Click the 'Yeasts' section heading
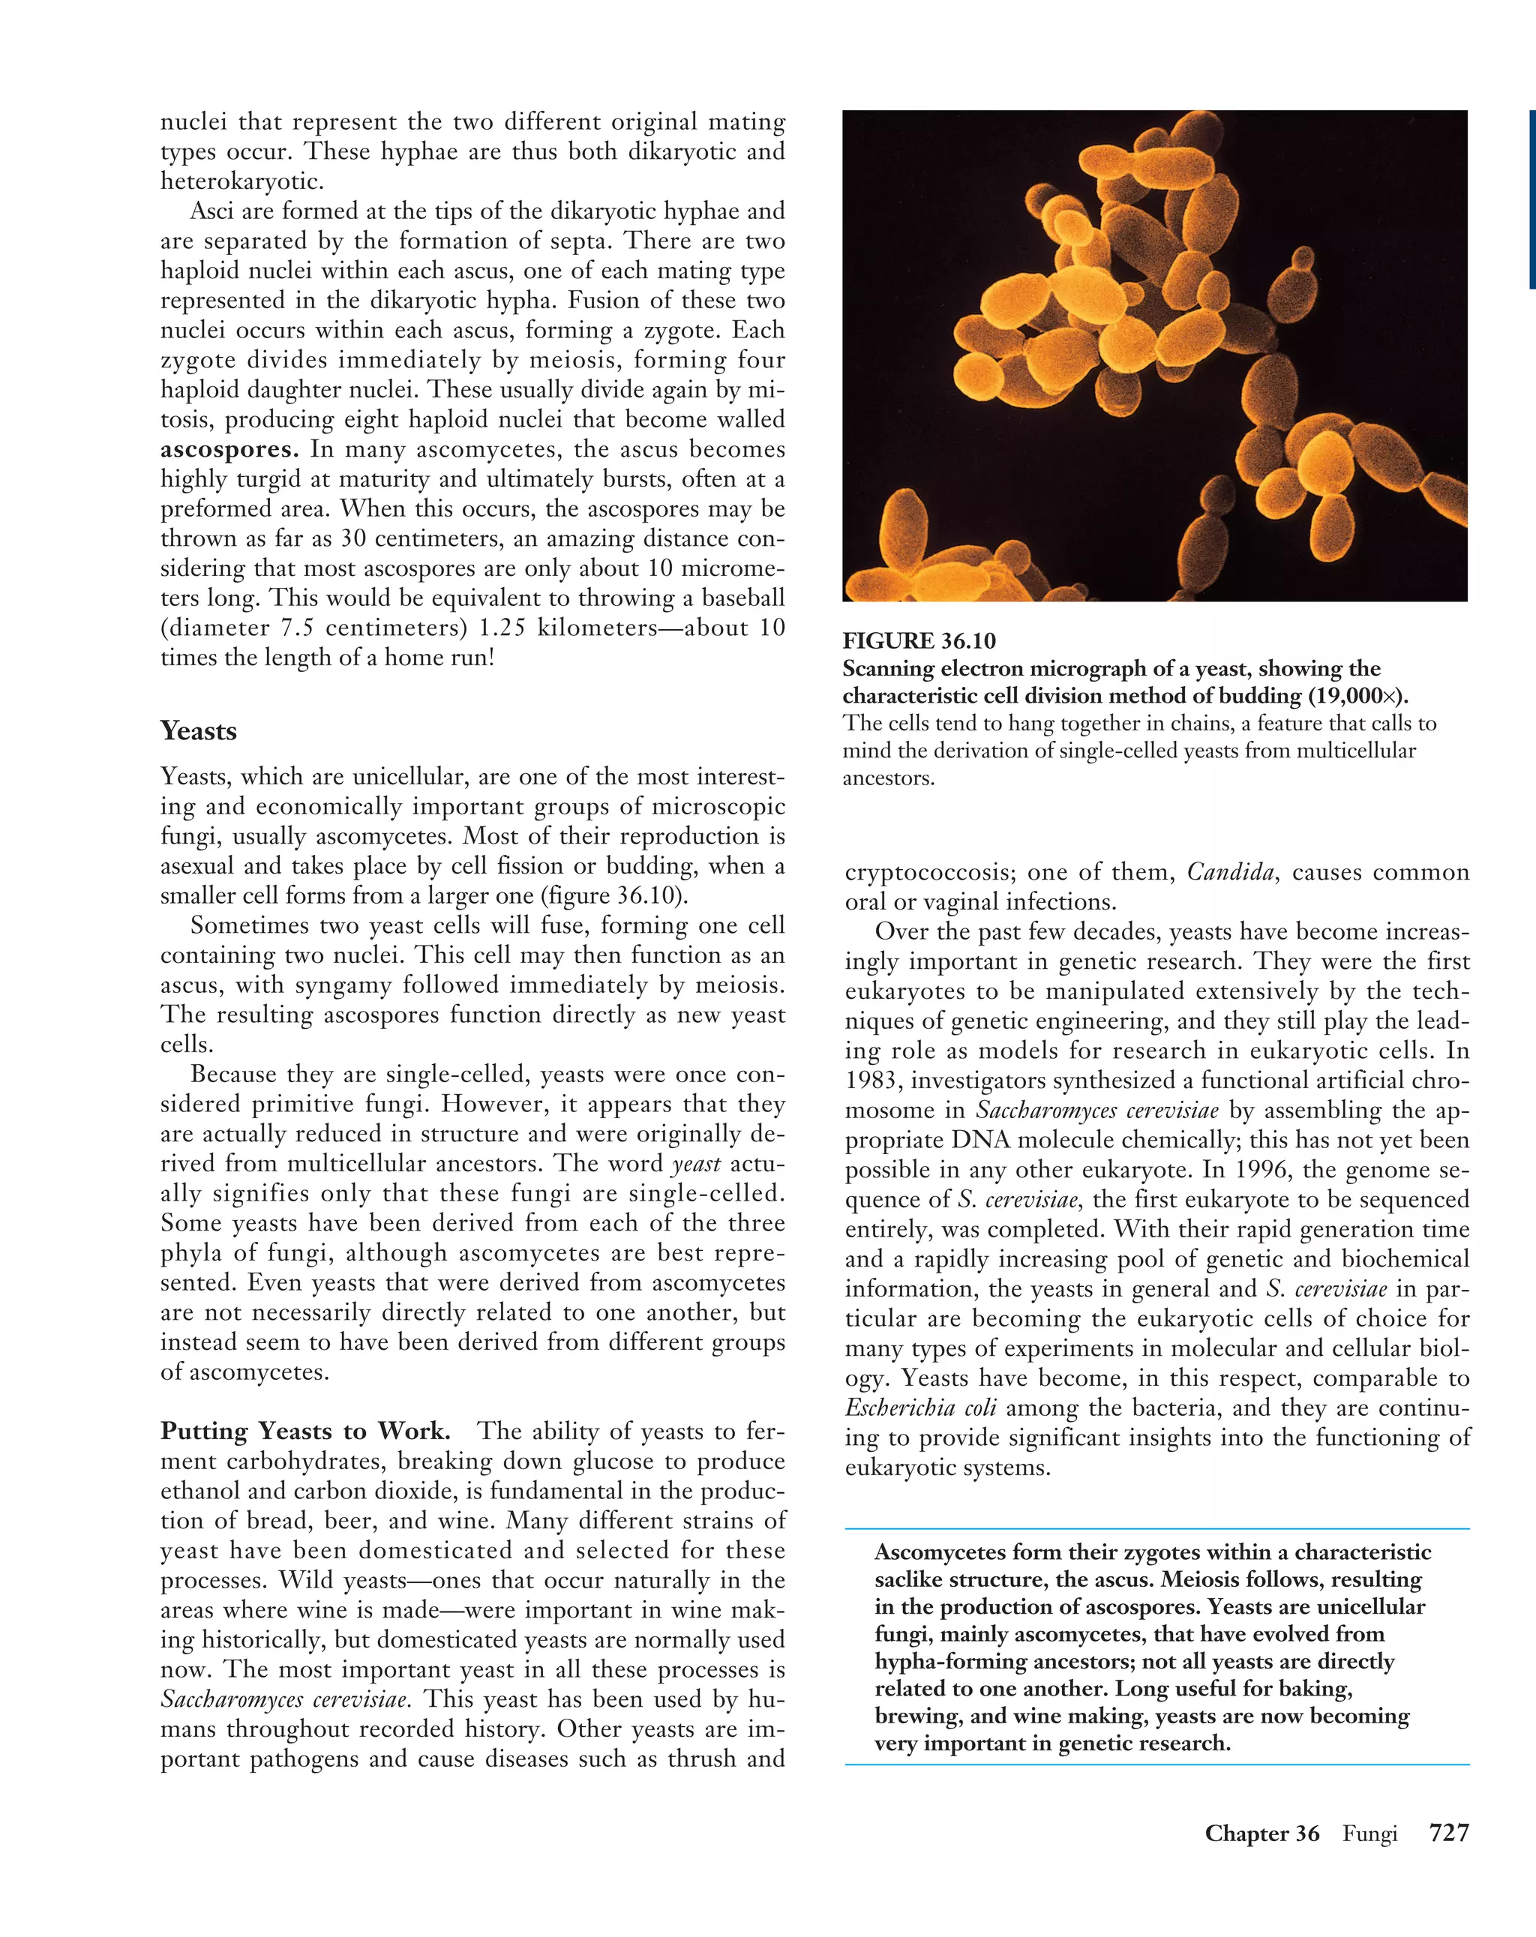(x=199, y=731)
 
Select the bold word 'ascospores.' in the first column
(x=229, y=449)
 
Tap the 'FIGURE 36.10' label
(x=919, y=640)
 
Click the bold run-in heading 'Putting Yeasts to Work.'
(x=305, y=1431)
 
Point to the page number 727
(x=1449, y=1833)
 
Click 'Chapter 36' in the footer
(x=1261, y=1834)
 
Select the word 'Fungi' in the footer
(x=1369, y=1834)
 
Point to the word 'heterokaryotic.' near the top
(x=241, y=181)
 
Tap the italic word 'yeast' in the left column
(x=696, y=1165)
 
